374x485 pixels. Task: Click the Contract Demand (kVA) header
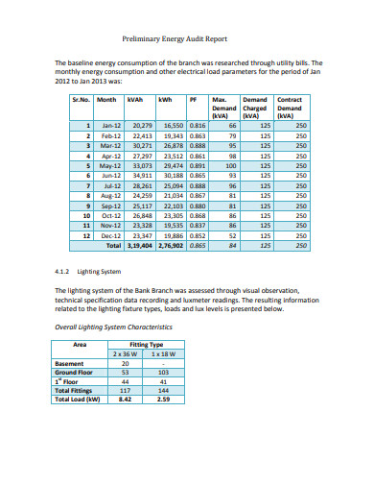click(289, 106)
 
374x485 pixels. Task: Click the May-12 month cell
click(111, 164)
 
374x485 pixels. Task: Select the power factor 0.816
click(198, 126)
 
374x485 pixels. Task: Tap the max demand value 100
click(230, 164)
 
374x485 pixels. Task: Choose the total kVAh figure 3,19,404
click(138, 245)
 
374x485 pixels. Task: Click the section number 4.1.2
click(63, 272)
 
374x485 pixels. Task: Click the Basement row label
click(70, 364)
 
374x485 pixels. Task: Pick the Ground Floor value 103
click(162, 373)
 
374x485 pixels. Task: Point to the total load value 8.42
click(124, 400)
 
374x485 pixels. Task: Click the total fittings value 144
click(162, 391)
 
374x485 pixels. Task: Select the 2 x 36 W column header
click(125, 354)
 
